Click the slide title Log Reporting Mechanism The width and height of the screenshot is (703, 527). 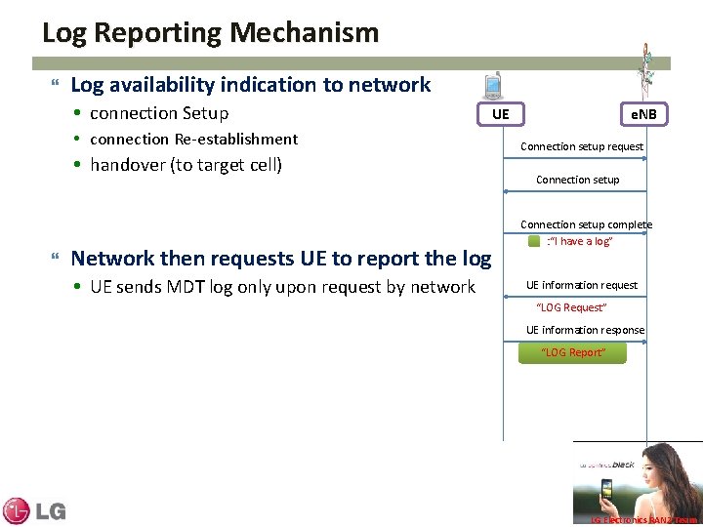[x=210, y=33]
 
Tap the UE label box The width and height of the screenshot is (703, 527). [x=500, y=114]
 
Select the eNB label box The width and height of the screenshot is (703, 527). [x=644, y=114]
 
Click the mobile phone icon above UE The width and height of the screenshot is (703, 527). [x=494, y=85]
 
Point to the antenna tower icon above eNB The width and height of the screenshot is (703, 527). [x=645, y=68]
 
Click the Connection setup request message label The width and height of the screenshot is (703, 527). [x=581, y=146]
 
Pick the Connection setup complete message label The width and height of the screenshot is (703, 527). [x=586, y=224]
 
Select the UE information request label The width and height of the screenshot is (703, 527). [x=581, y=285]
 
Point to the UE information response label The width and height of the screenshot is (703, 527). [x=585, y=330]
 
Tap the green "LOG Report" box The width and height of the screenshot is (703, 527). [x=573, y=352]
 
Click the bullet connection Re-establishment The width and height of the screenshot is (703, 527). [x=193, y=139]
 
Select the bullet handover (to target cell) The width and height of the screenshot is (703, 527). [x=186, y=165]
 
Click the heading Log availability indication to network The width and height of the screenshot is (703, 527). [x=250, y=85]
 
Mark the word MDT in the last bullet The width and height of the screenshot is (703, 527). [x=221, y=287]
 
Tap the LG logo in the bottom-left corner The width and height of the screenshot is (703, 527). [x=33, y=510]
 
